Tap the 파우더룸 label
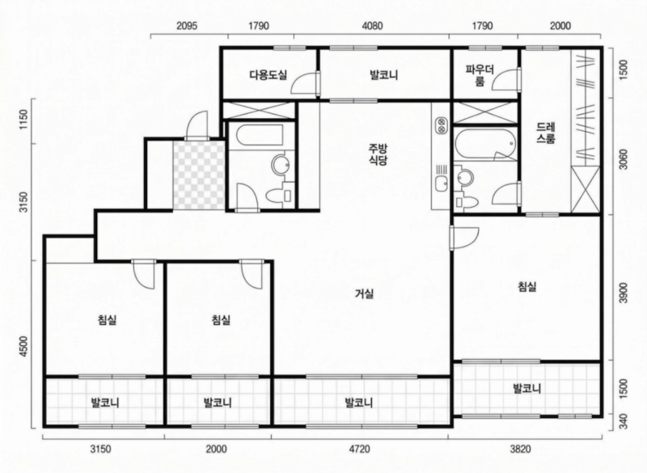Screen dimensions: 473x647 (x=475, y=76)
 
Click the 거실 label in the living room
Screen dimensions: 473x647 (x=364, y=294)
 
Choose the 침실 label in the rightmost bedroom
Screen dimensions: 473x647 (x=527, y=286)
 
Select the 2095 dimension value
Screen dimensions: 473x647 (x=188, y=26)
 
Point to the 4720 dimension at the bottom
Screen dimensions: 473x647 (x=359, y=449)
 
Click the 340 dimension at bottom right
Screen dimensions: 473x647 (x=622, y=420)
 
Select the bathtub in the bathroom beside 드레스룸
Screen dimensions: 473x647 (x=483, y=145)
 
